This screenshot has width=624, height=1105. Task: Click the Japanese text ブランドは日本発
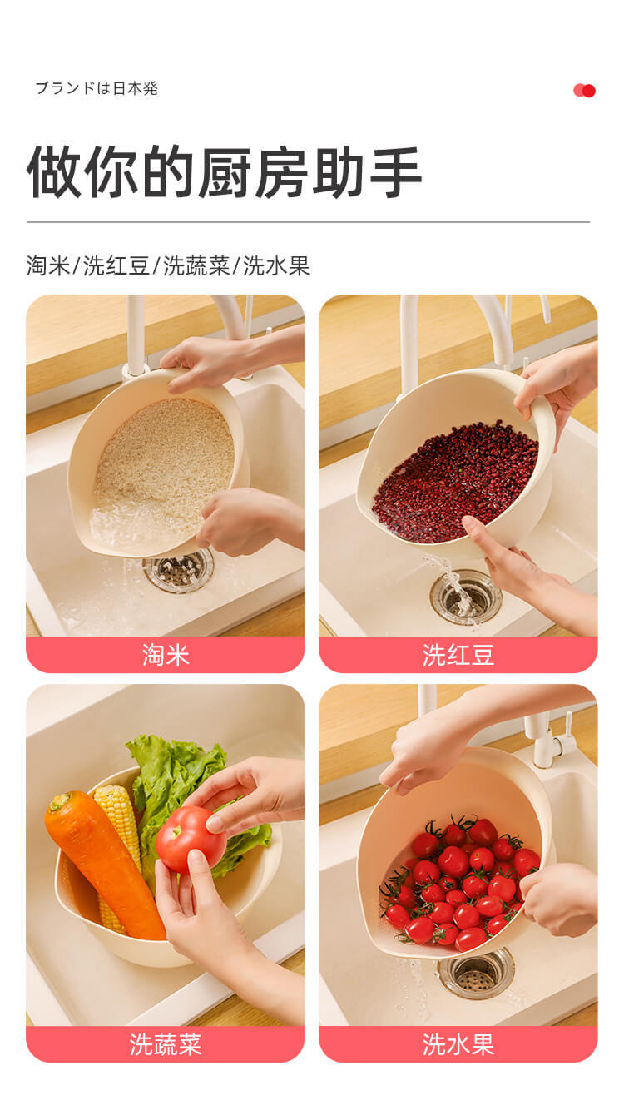(96, 88)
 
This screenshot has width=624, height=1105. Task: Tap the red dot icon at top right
(585, 91)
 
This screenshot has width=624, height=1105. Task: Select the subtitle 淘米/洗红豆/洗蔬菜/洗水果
(168, 266)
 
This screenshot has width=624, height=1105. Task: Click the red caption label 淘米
(166, 655)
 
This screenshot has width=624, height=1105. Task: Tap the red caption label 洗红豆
(458, 655)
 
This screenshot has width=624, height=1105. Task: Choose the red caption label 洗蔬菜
(166, 1044)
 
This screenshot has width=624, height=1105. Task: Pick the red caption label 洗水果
(458, 1044)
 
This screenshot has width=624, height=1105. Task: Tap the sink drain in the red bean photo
(466, 595)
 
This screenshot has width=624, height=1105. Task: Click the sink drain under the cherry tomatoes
(476, 972)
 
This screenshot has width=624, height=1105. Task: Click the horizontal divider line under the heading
(308, 222)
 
